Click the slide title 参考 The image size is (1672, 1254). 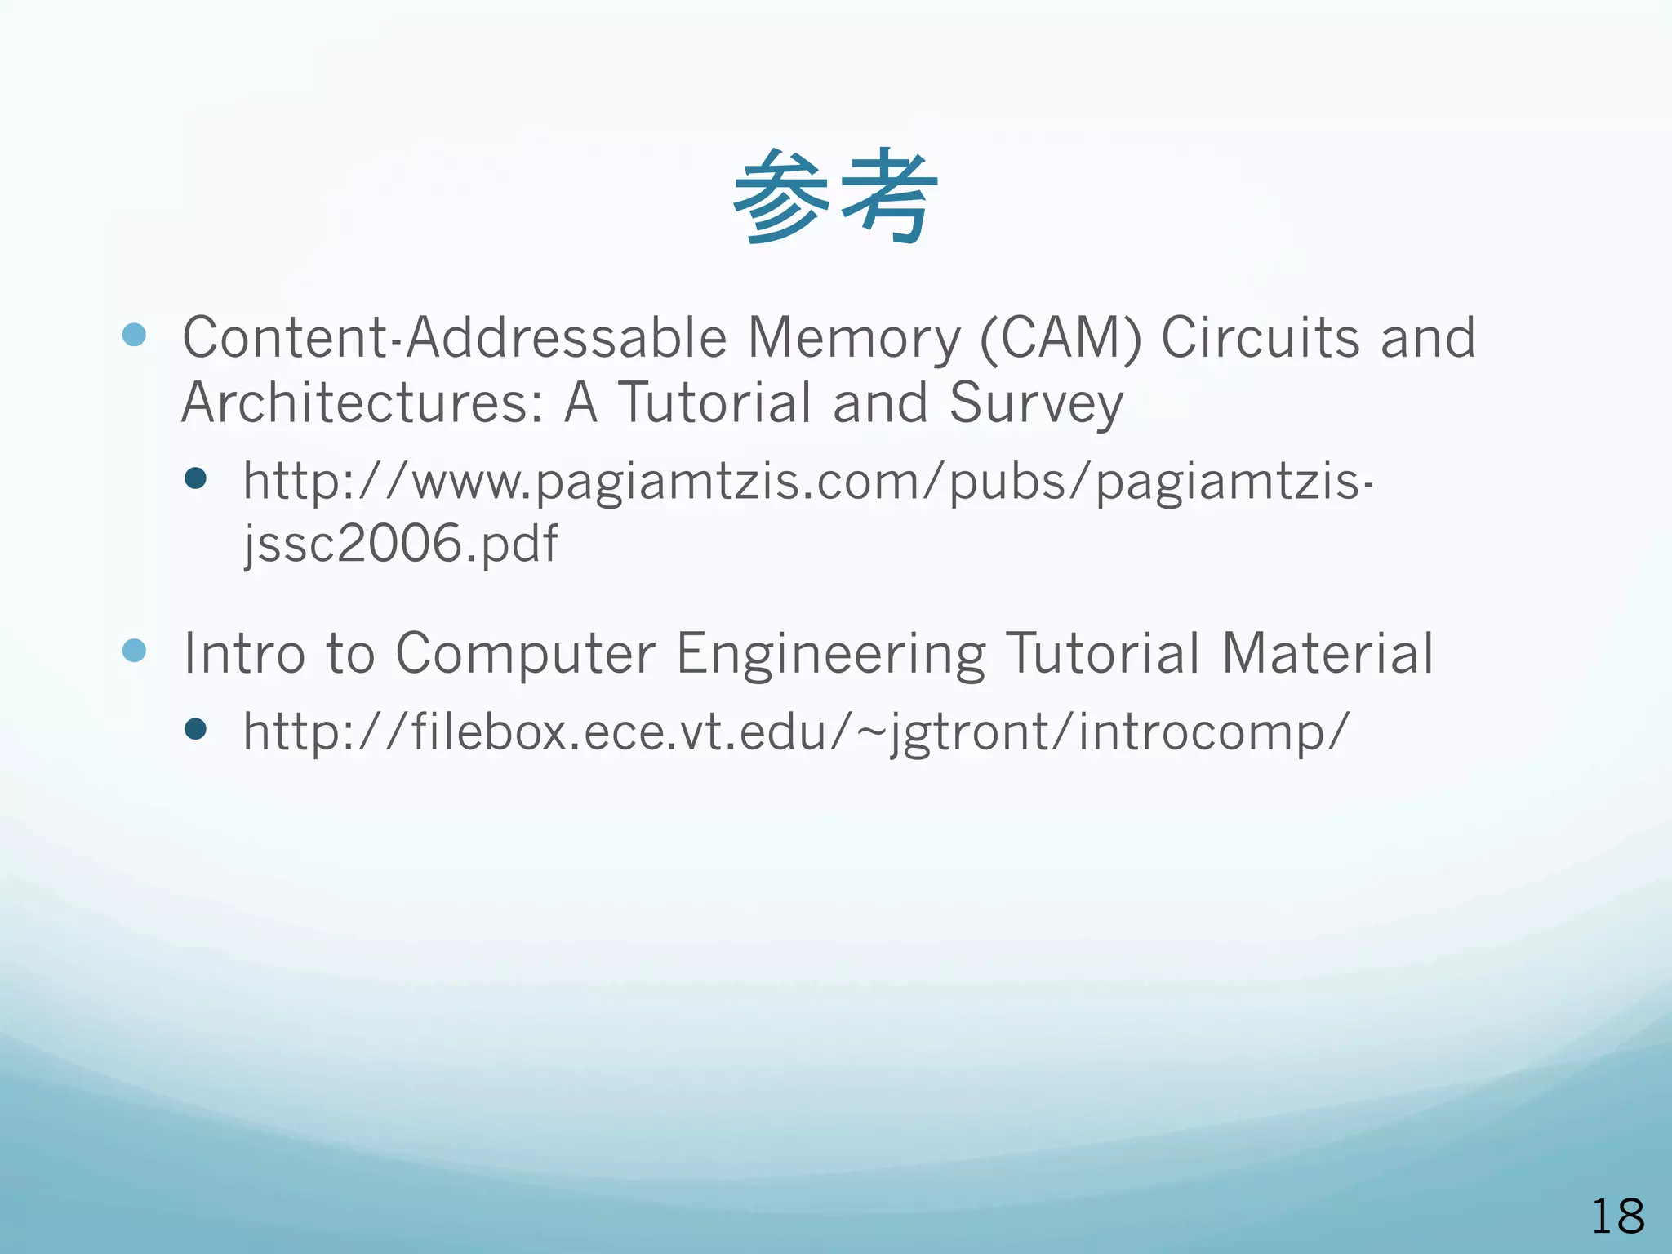835,197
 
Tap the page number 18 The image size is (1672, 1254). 1617,1216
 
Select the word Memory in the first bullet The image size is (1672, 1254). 854,337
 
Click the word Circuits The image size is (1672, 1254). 1260,337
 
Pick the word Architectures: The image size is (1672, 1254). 362,402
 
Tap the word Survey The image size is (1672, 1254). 1035,402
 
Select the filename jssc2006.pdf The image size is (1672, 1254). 401,544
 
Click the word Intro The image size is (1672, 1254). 243,653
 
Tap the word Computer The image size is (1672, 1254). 525,653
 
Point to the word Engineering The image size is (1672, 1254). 830,653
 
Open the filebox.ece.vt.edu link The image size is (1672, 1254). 796,731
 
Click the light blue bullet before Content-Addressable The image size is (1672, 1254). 134,334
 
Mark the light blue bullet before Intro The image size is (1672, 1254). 134,650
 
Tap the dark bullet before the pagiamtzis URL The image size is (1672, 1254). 195,478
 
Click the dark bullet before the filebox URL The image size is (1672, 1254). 195,728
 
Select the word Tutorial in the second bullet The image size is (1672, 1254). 1103,653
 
